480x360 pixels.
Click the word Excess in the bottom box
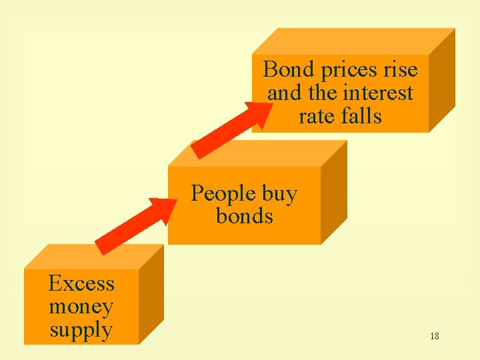point(81,284)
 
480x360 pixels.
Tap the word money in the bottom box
point(81,307)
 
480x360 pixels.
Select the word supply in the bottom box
point(81,330)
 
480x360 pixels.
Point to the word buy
point(279,194)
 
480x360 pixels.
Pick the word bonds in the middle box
point(245,216)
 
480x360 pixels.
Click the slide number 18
point(434,336)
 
